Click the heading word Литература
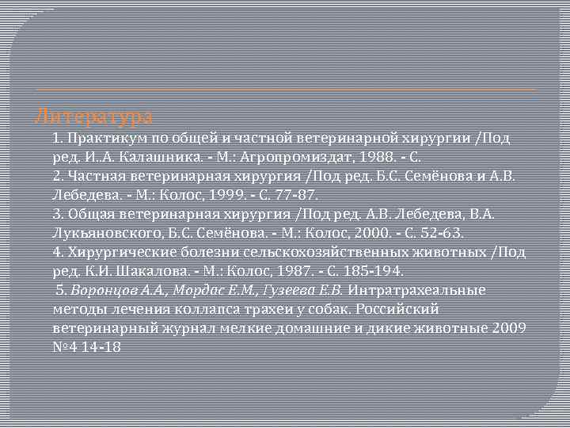pos(94,117)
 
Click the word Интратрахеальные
pos(416,290)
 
